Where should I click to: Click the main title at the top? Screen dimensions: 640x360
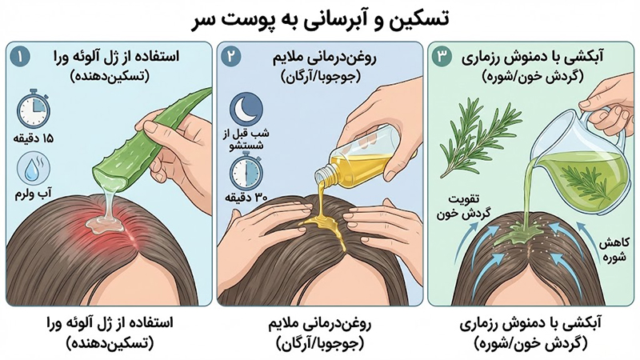pos(321,19)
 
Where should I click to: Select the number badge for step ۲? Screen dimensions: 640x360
pos(231,57)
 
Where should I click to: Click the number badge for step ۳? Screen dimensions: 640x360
pos(442,57)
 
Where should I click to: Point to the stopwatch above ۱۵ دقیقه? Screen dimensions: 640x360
pos(34,109)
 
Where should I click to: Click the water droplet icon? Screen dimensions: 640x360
pos(34,169)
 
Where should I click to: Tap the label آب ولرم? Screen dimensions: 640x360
pos(34,194)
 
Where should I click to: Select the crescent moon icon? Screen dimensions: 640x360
pos(246,109)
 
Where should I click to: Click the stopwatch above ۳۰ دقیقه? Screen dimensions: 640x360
pos(246,170)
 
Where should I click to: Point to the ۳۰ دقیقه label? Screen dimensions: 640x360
pos(246,198)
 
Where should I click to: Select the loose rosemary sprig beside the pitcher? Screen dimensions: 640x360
pos(479,138)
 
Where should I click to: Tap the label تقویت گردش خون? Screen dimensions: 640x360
pos(463,206)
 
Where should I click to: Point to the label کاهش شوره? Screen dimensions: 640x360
pos(613,250)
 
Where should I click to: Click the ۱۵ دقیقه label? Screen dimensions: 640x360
pos(34,138)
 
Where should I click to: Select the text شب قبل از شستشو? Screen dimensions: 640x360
pos(246,139)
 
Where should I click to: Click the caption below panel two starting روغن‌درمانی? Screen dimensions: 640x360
pos(320,334)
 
